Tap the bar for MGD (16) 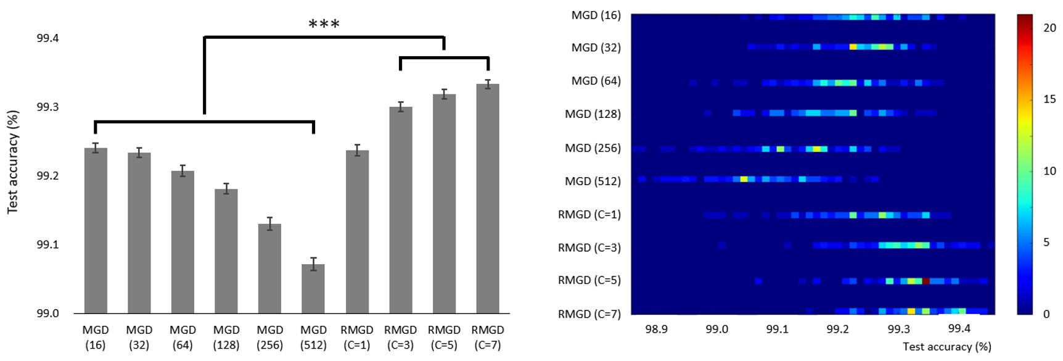tap(96, 231)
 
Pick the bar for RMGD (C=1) tap(357, 231)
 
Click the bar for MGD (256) tap(269, 268)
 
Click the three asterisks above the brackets tap(324, 25)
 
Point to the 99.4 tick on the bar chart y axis tap(47, 38)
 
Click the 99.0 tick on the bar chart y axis tap(47, 313)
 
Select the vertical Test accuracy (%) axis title tap(13, 162)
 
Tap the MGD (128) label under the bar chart tap(226, 338)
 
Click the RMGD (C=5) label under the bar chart tap(444, 338)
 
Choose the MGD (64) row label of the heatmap tap(596, 81)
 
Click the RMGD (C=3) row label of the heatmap tap(589, 247)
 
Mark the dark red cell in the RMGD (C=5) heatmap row tap(926, 281)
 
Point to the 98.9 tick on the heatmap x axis tap(656, 329)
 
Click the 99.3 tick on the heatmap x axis tap(898, 329)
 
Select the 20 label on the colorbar tap(1049, 28)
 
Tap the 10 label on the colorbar tap(1049, 171)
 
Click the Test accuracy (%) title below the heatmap tap(946, 347)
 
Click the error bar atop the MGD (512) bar tap(313, 264)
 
